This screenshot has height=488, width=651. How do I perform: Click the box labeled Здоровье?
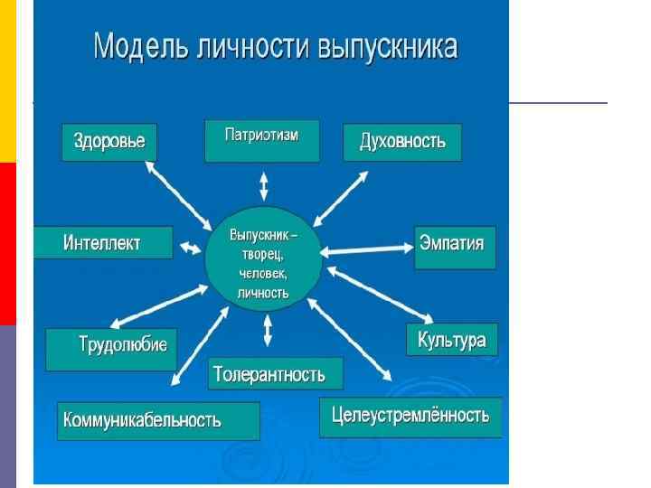click(108, 142)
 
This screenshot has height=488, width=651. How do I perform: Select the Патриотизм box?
click(261, 140)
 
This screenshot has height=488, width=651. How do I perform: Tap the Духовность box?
click(402, 142)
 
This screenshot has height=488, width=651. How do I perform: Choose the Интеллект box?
click(102, 242)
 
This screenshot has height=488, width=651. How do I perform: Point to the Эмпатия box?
click(455, 247)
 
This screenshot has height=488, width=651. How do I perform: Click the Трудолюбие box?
click(111, 348)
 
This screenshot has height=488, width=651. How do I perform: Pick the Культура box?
click(451, 339)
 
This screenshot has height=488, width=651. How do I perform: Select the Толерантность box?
click(276, 372)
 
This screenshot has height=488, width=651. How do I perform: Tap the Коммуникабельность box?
click(158, 420)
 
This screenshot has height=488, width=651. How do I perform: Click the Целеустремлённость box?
click(410, 417)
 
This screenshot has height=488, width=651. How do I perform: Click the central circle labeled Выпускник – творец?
click(262, 262)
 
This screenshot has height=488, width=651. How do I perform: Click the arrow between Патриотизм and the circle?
click(263, 186)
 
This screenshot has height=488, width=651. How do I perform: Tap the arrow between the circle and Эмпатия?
click(365, 247)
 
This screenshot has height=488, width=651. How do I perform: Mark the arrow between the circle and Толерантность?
click(267, 330)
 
